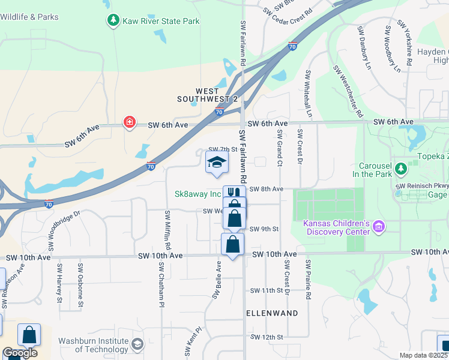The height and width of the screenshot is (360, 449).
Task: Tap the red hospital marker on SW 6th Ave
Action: point(129,123)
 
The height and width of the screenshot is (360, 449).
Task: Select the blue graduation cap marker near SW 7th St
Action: point(217,162)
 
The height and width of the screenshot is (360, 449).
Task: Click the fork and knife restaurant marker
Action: point(234,192)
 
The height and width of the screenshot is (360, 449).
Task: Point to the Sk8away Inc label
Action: point(198,194)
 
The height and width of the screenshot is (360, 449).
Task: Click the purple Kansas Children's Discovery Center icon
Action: point(378,227)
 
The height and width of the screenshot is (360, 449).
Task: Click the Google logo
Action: point(20,353)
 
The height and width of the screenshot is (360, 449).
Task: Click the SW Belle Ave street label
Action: point(217,280)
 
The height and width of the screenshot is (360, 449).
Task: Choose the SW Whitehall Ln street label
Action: point(309,93)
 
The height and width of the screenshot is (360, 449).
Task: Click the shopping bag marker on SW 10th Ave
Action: point(232,244)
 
